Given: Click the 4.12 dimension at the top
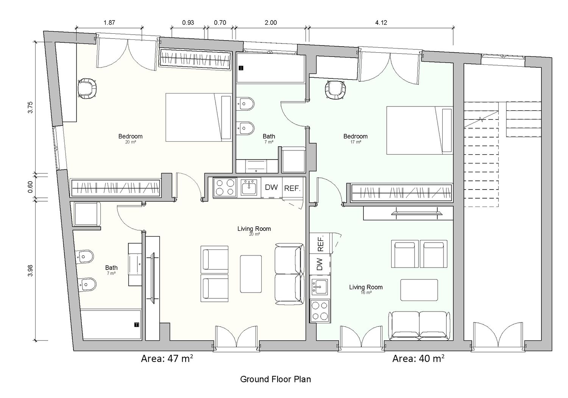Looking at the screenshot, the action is [381, 23].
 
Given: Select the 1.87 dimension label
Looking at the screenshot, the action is [109, 23].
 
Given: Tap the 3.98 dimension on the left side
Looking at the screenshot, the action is [30, 271].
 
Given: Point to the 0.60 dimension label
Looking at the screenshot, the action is [30, 187].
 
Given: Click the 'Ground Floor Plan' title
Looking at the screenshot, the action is [275, 379].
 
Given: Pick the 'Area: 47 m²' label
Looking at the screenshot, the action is [167, 359].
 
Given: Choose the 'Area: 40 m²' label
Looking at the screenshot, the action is [418, 359].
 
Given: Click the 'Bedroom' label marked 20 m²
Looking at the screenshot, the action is [130, 136].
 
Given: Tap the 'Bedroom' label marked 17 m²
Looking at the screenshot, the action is [355, 136].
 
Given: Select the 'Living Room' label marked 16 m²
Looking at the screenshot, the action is [366, 287].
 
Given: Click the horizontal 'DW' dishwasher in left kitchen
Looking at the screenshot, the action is [272, 187].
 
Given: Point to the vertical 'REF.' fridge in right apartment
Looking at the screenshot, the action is [320, 243].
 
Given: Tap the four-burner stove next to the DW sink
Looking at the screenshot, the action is [225, 187].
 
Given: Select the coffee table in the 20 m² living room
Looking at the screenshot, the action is [251, 274].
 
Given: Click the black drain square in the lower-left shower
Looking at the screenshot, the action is [136, 324].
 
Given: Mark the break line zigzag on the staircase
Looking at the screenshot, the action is [481, 119].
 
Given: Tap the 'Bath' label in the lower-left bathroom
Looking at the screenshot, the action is [111, 268].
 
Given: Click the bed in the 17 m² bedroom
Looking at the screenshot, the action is [420, 130].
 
